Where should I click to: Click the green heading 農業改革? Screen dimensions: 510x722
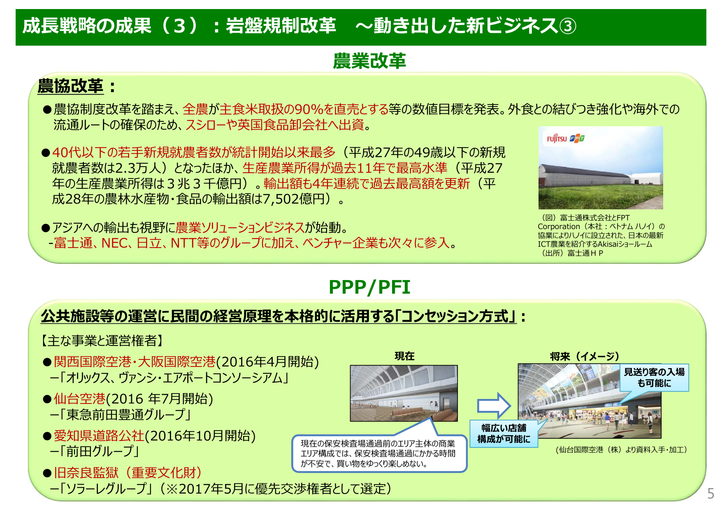coord(369,61)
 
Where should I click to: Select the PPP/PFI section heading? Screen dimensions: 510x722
coord(369,287)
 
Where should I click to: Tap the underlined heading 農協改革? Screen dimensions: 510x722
coord(70,86)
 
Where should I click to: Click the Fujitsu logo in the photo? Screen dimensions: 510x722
coord(557,139)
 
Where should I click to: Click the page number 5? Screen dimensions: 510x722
coord(710,493)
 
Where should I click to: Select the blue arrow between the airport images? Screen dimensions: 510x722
coord(494,406)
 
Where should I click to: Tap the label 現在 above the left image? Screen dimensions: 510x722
coord(404,356)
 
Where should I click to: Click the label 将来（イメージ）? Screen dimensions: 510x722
coord(584,357)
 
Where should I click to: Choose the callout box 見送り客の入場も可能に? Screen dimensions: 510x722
coord(654,378)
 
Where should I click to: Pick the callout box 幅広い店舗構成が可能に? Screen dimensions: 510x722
coord(504,433)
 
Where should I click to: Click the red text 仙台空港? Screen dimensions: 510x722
coord(80,399)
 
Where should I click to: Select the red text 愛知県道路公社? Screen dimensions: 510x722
coord(99,436)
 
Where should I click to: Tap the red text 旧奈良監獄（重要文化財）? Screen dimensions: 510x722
coord(128,473)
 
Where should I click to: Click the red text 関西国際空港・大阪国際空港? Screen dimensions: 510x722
coord(135,362)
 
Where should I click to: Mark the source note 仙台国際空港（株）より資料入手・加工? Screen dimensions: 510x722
coord(621,450)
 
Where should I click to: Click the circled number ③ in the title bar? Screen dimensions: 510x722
coord(568,26)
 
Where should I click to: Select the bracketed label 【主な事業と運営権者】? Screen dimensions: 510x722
coord(102,340)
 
